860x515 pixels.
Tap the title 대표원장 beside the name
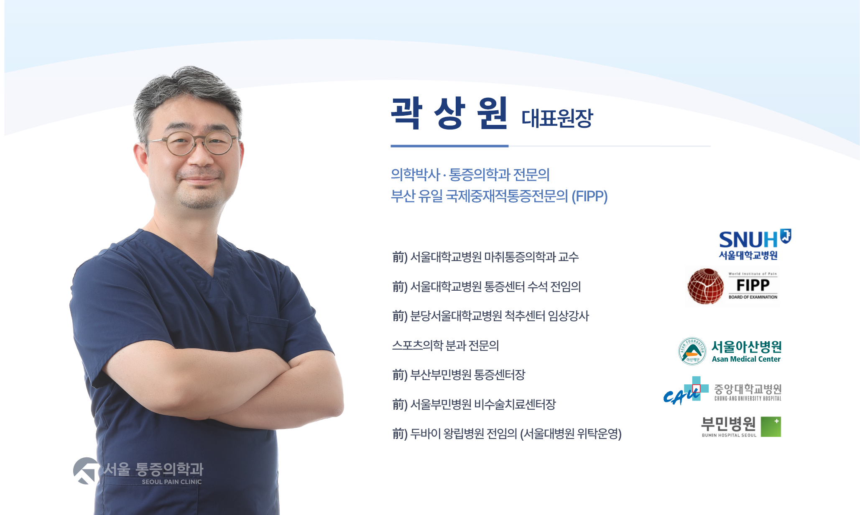pyautogui.click(x=557, y=118)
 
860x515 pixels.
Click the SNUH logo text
pyautogui.click(x=748, y=240)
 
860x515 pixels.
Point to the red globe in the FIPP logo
pyautogui.click(x=706, y=287)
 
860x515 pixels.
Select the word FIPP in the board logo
pyautogui.click(x=753, y=285)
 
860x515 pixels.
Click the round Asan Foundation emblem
pyautogui.click(x=692, y=351)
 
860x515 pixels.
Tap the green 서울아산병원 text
pyautogui.click(x=746, y=347)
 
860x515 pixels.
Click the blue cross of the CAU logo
pyautogui.click(x=697, y=388)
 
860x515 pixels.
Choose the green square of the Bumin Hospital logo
pyautogui.click(x=771, y=427)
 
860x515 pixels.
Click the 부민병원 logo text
pyautogui.click(x=728, y=424)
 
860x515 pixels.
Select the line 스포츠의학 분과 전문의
pyautogui.click(x=445, y=345)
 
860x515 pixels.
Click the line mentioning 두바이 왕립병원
pyautogui.click(x=507, y=434)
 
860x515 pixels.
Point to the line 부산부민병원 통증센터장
pyautogui.click(x=459, y=375)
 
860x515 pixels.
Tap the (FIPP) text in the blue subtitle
pyautogui.click(x=589, y=196)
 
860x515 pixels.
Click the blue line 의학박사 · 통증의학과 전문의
pyautogui.click(x=470, y=175)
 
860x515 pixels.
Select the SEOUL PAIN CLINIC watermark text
pyautogui.click(x=171, y=482)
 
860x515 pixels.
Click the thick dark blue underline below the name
pyautogui.click(x=449, y=146)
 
